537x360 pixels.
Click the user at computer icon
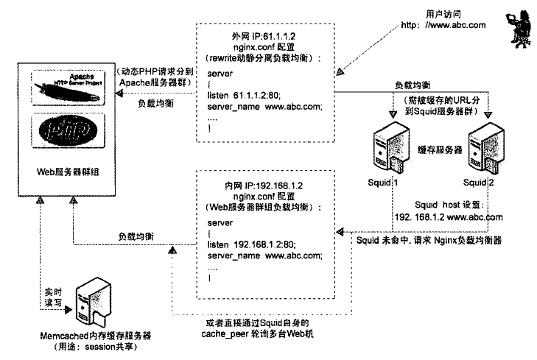pyautogui.click(x=516, y=29)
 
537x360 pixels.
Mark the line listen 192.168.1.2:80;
pyautogui.click(x=249, y=244)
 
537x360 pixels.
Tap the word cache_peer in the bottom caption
pyautogui.click(x=236, y=334)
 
